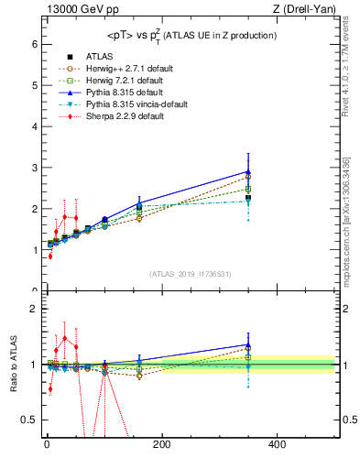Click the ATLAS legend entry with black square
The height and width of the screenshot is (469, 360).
tap(101, 56)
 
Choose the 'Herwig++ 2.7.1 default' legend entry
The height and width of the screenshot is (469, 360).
tap(128, 68)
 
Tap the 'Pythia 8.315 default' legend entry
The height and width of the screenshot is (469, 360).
tap(125, 92)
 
